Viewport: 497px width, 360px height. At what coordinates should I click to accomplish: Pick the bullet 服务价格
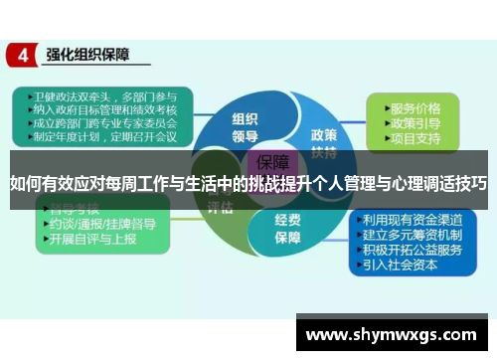coord(416,106)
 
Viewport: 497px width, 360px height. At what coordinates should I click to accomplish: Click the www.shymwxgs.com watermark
coord(394,333)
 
